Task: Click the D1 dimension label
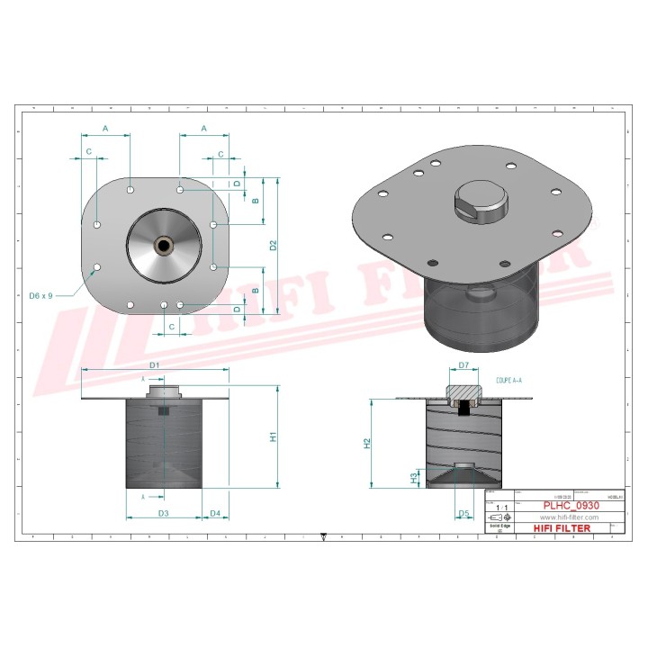(154, 364)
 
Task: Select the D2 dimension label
(273, 244)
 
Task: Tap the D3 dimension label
(164, 513)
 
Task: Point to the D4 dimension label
(215, 513)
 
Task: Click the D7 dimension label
(464, 364)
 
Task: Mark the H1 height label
(273, 437)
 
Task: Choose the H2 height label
(366, 443)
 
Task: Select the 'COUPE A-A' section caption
(509, 382)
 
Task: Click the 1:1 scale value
(501, 508)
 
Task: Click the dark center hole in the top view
(165, 244)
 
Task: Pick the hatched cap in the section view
(464, 391)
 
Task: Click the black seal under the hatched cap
(464, 409)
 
